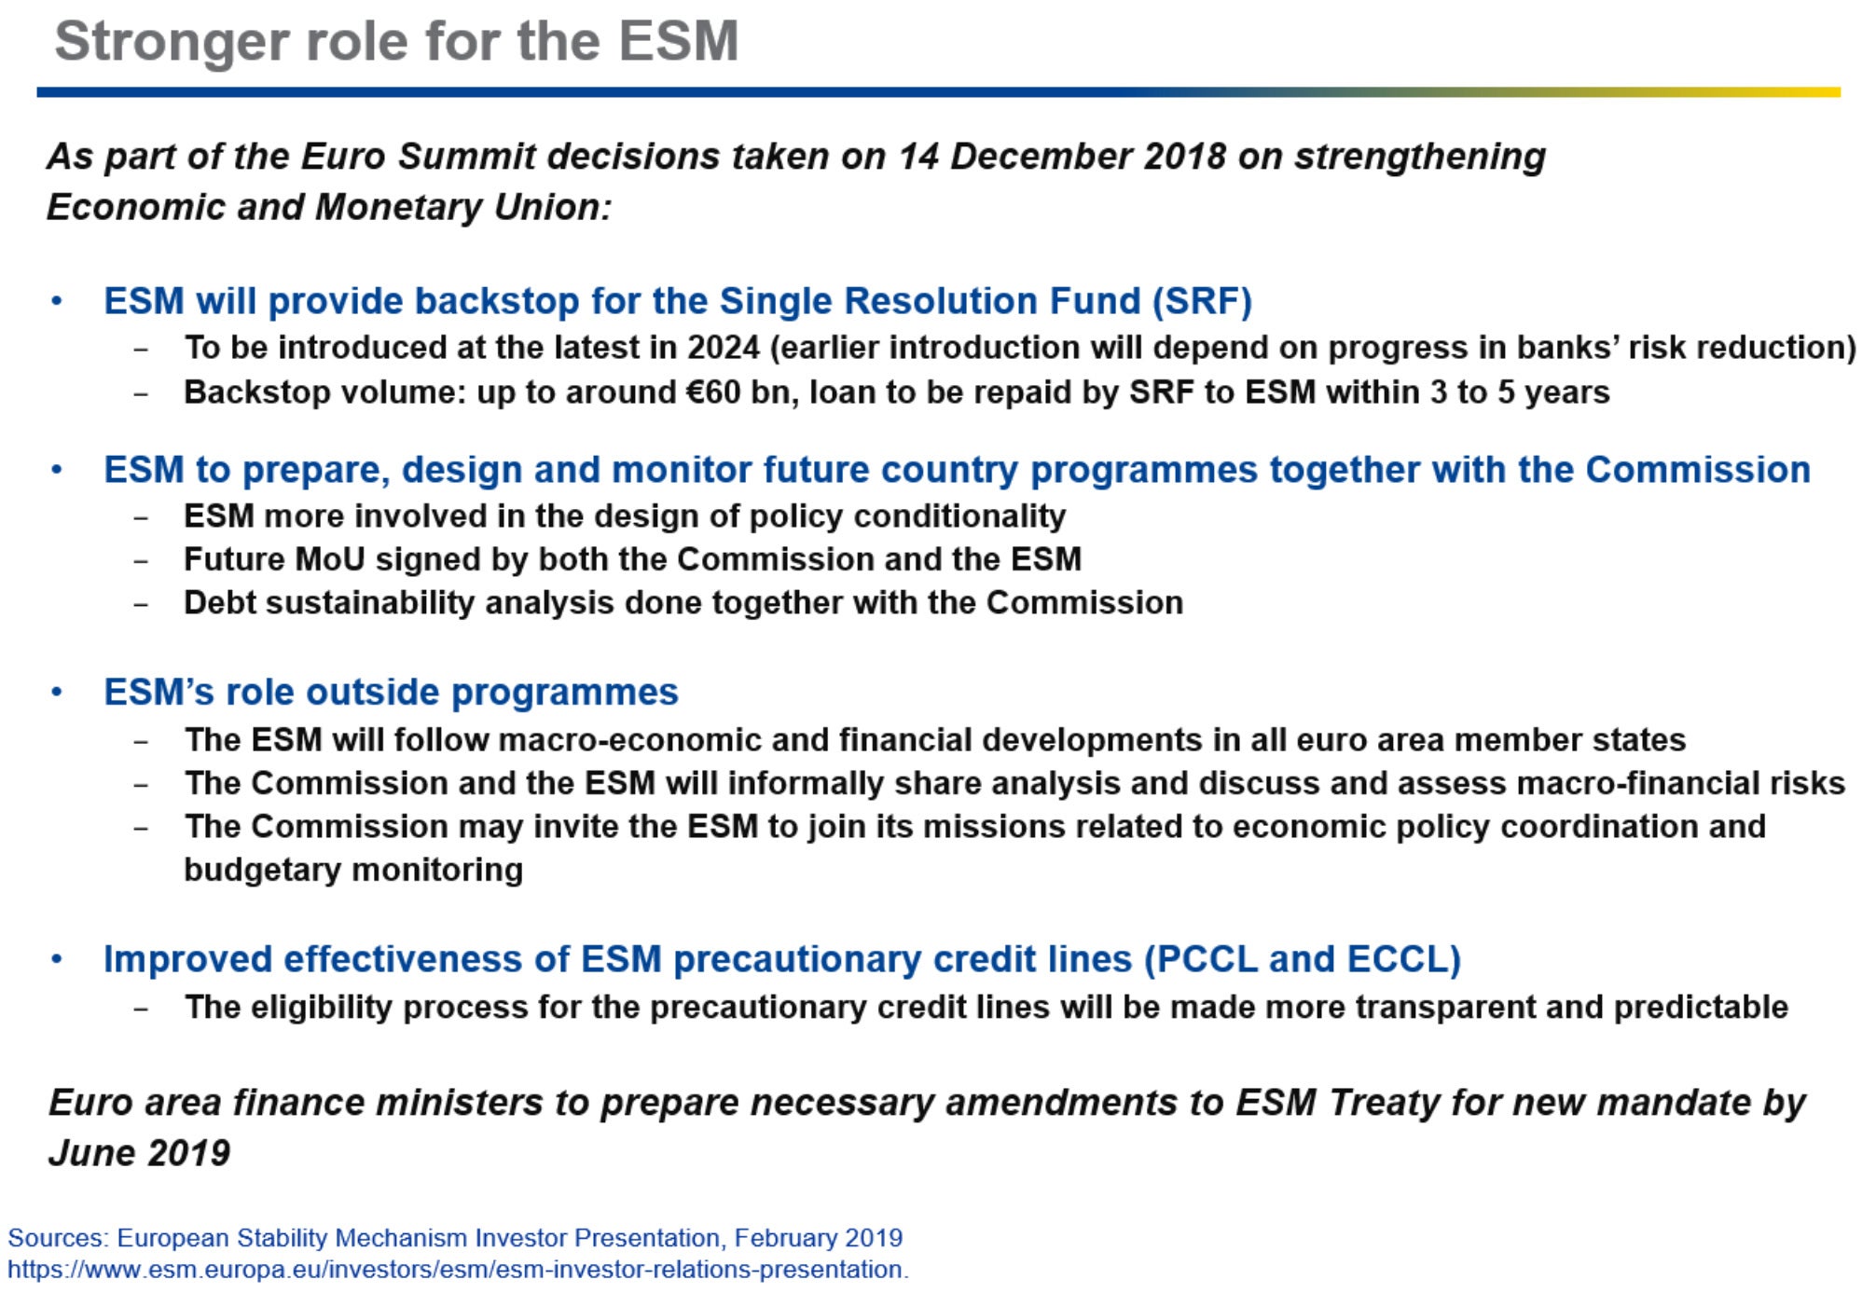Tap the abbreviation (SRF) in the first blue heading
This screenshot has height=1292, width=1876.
1201,301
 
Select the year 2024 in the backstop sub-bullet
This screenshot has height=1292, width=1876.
723,348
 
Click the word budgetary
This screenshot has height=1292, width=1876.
263,871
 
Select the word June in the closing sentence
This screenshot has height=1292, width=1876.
91,1154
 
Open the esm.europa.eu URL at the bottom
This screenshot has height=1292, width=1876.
458,1270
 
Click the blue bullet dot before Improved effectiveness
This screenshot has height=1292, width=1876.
57,959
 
